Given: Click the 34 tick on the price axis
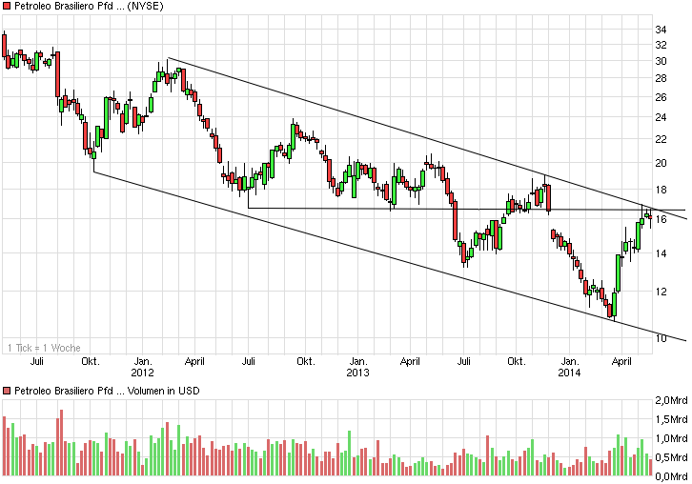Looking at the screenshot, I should click(660, 30).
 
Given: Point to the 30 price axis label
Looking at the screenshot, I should click(660, 61).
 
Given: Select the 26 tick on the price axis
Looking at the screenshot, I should click(660, 96).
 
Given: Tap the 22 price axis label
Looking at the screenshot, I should click(660, 139).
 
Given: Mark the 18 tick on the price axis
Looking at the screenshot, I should click(660, 190).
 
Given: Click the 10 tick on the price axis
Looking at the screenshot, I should click(660, 338).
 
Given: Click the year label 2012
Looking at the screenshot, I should click(142, 373).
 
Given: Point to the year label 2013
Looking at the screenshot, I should click(357, 373).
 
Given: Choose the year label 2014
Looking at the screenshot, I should click(570, 373).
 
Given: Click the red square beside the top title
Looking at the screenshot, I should click(7, 8).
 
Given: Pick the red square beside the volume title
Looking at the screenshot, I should click(7, 392).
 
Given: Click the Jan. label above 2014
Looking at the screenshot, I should click(570, 361).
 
